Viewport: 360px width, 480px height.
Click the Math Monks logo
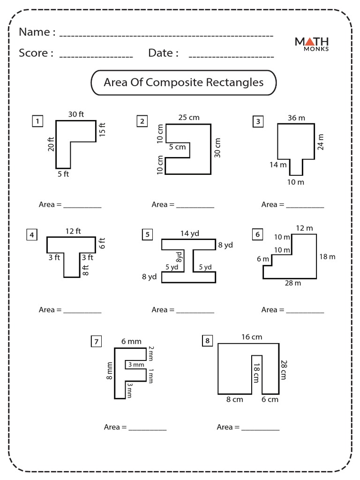tap(311, 43)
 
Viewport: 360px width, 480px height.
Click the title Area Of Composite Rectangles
tap(183, 82)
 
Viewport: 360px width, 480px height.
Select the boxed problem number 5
tap(147, 234)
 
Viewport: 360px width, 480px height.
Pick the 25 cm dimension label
tap(189, 117)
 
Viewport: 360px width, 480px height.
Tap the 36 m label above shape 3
tap(296, 118)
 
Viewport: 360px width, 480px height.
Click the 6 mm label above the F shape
tap(131, 341)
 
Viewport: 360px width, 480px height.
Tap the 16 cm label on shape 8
tap(252, 337)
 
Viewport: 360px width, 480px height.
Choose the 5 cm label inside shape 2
tap(177, 147)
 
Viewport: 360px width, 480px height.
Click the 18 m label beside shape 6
tap(327, 256)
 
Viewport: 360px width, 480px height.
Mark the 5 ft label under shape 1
tap(63, 174)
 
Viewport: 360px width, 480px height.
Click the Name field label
tap(37, 32)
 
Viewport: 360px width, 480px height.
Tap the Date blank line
tap(231, 56)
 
